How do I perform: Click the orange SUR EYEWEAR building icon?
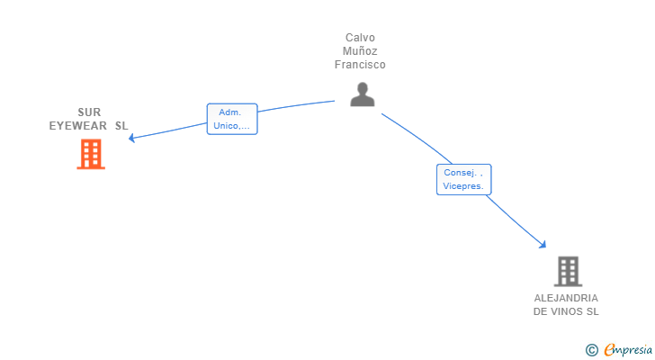point(90,155)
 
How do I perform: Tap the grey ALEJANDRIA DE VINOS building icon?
point(567,271)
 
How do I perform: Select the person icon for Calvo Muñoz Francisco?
point(362,94)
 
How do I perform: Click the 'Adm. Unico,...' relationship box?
point(232,119)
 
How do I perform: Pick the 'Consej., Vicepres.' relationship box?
point(463,179)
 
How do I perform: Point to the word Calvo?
point(360,38)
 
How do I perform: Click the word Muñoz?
point(360,51)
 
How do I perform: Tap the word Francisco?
point(360,65)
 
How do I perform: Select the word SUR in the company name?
point(89,112)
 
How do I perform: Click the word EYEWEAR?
point(78,126)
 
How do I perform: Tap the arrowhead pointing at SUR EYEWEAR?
point(131,138)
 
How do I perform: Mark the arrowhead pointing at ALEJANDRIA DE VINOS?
point(543,244)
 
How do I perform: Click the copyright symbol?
point(591,349)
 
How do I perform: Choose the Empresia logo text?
point(628,349)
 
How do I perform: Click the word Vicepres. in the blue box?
point(463,186)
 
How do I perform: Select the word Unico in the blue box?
point(225,126)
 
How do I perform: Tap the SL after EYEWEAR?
point(121,126)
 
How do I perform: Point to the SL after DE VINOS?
point(591,311)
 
